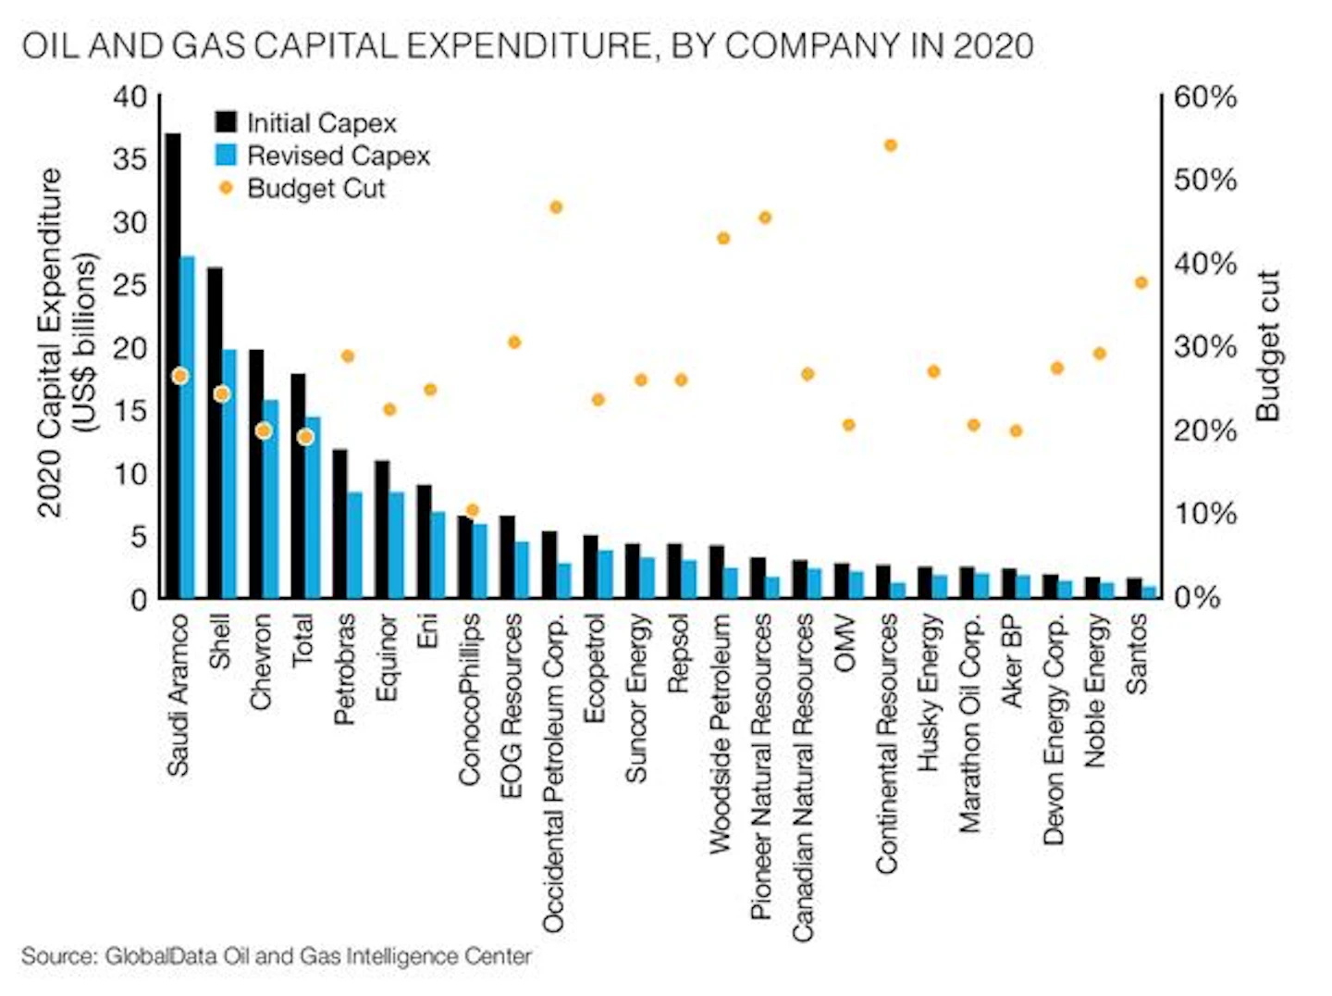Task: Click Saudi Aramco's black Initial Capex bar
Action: click(x=173, y=366)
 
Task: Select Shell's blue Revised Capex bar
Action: click(x=229, y=474)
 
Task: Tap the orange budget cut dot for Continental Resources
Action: click(x=891, y=145)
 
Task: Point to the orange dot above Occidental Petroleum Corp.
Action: click(x=557, y=207)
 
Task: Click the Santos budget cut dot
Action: click(x=1141, y=282)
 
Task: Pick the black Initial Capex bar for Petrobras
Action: click(x=339, y=524)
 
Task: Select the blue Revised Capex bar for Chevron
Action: click(x=271, y=499)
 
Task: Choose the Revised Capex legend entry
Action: click(x=323, y=156)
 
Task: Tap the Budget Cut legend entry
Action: click(x=302, y=188)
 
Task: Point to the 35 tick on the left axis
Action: click(x=129, y=160)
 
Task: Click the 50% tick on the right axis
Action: click(x=1204, y=181)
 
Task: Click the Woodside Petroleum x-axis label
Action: click(x=721, y=734)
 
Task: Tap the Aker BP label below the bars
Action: click(x=1012, y=661)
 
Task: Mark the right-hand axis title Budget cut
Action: click(x=1267, y=346)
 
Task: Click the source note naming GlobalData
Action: click(x=277, y=956)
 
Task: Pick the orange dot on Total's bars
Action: click(x=306, y=437)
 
